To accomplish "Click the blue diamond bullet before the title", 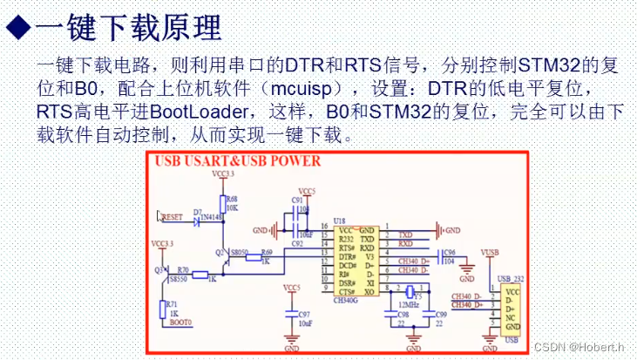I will coord(17,27).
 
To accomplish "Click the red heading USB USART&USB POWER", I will coord(237,160).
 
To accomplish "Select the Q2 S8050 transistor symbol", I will coord(227,255).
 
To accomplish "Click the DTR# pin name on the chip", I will coord(347,257).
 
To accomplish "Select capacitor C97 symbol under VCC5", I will coord(291,310).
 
